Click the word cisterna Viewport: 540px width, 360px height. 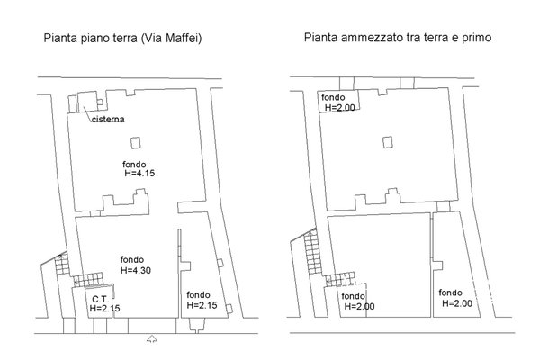click(x=108, y=119)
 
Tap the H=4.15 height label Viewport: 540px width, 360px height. click(x=139, y=173)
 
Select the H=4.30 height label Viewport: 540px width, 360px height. click(x=136, y=270)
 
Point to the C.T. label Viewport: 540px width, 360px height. click(x=101, y=299)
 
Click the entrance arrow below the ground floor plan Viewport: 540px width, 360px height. click(x=152, y=339)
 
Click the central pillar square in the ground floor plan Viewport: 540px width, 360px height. click(x=136, y=142)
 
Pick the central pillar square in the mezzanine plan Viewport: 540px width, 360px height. click(x=388, y=142)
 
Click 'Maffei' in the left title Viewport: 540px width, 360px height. click(x=182, y=38)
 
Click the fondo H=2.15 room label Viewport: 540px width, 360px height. click(x=202, y=300)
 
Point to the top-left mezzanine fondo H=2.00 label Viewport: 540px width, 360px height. click(x=337, y=103)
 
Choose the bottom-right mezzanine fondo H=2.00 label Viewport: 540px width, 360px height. click(x=455, y=298)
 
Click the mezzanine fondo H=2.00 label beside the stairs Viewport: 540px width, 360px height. click(x=358, y=301)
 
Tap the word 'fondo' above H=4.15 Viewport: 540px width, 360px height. click(x=134, y=165)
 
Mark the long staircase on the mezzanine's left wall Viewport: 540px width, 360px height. click(x=312, y=252)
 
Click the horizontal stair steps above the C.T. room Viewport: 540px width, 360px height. click(x=88, y=280)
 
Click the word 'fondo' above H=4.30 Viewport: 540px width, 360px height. click(x=132, y=259)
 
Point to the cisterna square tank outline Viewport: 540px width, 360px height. click(x=88, y=102)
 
